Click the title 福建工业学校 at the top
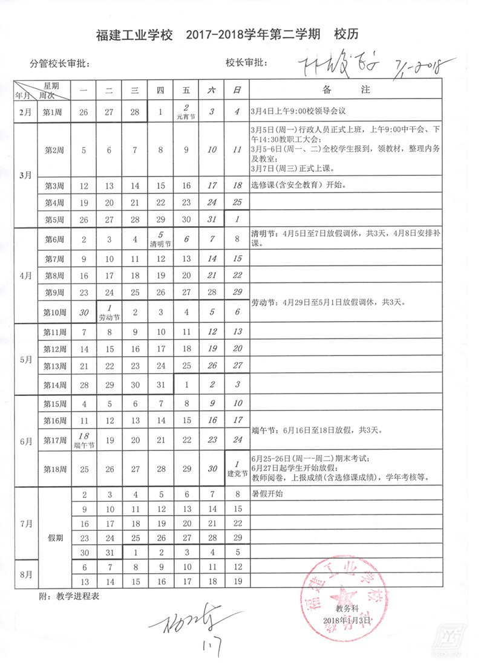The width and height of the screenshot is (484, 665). click(132, 34)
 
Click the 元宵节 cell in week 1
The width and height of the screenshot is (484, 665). click(186, 112)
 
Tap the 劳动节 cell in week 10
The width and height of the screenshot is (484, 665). click(110, 312)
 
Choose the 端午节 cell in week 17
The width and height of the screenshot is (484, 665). click(84, 440)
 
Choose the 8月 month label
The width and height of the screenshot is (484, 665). click(25, 574)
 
